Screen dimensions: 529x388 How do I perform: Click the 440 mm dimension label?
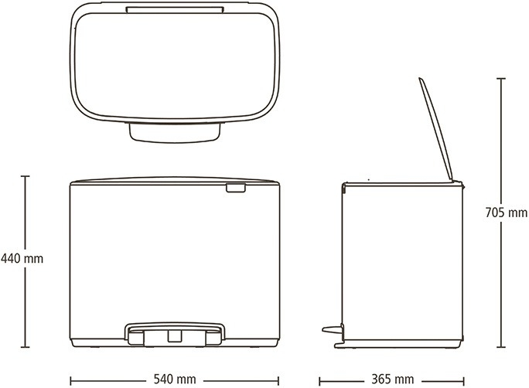click(x=22, y=259)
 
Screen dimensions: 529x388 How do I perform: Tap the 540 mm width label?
click(x=175, y=379)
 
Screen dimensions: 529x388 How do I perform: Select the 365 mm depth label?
click(x=393, y=379)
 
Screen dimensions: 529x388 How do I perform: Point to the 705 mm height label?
click(x=507, y=213)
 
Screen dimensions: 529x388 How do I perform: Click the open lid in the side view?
click(x=436, y=130)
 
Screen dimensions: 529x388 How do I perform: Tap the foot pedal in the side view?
click(x=333, y=329)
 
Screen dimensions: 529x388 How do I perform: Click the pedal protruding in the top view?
click(x=175, y=132)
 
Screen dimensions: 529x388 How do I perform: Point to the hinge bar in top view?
click(x=175, y=9)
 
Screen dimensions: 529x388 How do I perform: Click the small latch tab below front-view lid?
click(x=236, y=188)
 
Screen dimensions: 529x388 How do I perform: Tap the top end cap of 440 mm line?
click(x=25, y=176)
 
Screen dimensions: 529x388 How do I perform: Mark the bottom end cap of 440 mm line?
click(x=25, y=346)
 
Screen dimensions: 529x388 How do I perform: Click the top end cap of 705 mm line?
click(x=501, y=79)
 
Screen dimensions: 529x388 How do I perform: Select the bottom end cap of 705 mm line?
click(x=501, y=346)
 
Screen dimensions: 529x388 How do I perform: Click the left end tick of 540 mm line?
click(x=71, y=381)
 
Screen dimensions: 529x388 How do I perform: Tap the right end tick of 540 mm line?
click(x=278, y=381)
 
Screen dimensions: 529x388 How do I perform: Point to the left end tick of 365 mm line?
click(x=319, y=381)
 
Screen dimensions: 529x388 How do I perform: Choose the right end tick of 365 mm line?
click(x=464, y=381)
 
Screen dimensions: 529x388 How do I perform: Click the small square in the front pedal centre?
click(x=175, y=335)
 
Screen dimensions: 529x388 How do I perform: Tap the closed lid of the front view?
click(x=175, y=180)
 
